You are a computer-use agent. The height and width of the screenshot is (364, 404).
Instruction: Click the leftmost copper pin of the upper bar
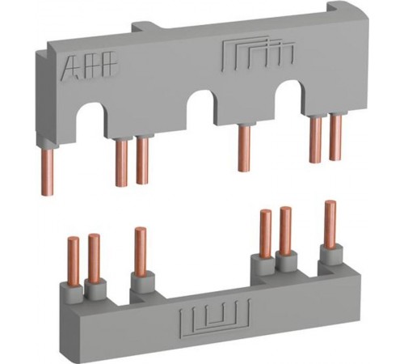coord(48,172)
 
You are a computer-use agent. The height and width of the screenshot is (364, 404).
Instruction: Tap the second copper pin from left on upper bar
coord(121,163)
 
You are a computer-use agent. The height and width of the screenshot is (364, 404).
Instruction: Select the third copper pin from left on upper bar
coord(142,161)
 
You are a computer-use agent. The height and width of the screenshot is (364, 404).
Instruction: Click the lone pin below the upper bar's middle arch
coord(244,148)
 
